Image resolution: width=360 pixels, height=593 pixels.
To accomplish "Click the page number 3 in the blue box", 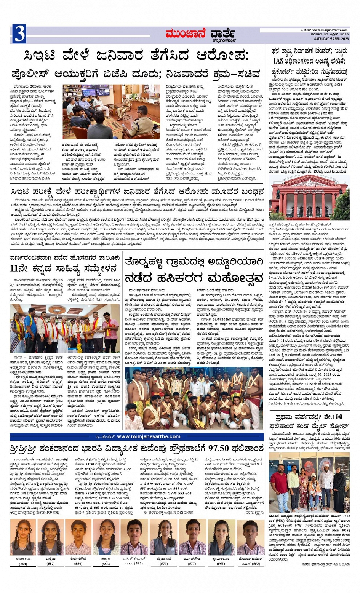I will (x=19, y=34).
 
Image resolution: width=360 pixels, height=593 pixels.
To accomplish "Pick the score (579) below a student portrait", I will (x=163, y=563).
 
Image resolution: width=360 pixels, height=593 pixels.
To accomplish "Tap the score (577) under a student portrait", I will (x=192, y=563).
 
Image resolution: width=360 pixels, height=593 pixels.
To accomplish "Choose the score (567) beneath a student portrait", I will (x=221, y=563).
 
